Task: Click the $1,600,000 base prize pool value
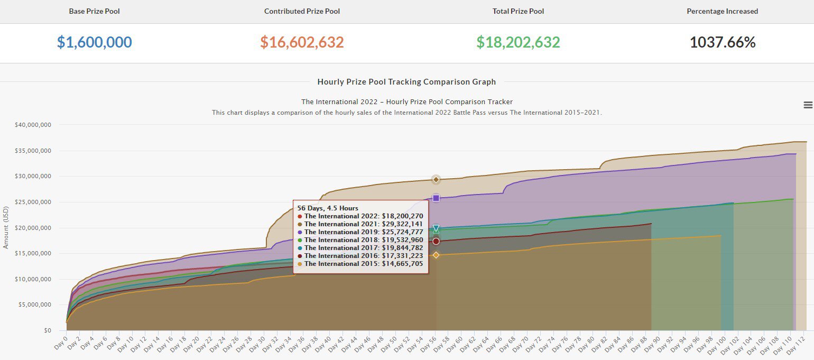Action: click(95, 43)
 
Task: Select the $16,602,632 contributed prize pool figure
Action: click(302, 43)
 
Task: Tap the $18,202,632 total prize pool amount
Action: click(518, 43)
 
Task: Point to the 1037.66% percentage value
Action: click(723, 43)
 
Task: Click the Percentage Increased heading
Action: click(722, 11)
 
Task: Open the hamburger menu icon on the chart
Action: click(808, 105)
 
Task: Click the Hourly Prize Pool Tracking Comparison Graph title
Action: click(406, 82)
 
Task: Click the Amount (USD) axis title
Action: click(6, 228)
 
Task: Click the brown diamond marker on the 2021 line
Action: click(436, 180)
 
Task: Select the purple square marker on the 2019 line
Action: click(436, 198)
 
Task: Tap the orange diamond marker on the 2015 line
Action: click(436, 255)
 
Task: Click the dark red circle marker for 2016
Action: click(436, 242)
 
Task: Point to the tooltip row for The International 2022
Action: click(360, 216)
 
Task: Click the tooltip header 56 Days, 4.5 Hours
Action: click(328, 208)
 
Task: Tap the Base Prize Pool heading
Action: click(95, 11)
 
